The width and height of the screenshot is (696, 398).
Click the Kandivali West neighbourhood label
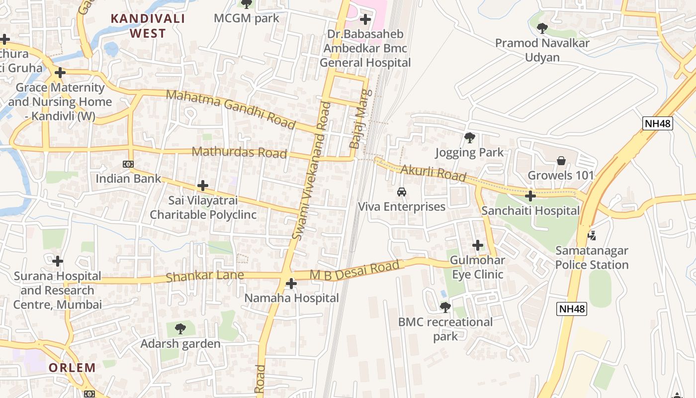point(147,26)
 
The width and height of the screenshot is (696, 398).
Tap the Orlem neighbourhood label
point(72,368)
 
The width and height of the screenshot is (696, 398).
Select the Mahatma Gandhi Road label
point(230,108)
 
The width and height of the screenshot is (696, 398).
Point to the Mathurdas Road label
point(239,152)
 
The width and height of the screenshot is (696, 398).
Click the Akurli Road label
point(433,173)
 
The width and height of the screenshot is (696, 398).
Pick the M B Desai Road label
point(354,271)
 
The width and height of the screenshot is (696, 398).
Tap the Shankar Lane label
point(205,276)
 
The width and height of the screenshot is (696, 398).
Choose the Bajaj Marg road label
point(360,119)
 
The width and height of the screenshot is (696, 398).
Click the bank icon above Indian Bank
point(128,164)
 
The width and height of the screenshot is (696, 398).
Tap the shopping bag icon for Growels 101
point(561,161)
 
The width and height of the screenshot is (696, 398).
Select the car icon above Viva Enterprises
point(401,192)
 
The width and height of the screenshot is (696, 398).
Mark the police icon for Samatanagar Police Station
point(592,235)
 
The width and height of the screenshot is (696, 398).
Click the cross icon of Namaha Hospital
point(291,284)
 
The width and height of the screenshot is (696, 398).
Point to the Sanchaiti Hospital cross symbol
point(530,196)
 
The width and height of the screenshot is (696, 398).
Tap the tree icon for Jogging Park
point(469,137)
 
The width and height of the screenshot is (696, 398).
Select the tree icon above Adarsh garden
point(180,328)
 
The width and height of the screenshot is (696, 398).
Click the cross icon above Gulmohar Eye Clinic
point(478,245)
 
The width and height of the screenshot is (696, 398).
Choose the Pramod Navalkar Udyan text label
point(542,50)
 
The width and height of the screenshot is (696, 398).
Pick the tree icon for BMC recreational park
point(445,307)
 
